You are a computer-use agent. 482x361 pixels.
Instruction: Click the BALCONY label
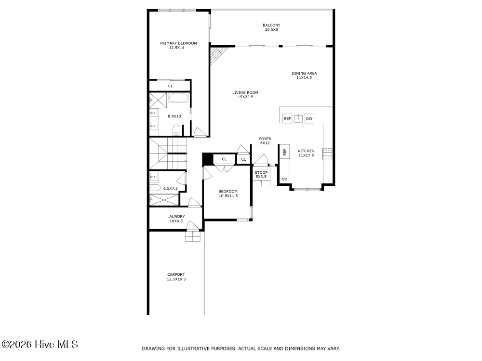coord(271,27)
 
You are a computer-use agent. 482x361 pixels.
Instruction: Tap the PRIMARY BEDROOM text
coord(178,45)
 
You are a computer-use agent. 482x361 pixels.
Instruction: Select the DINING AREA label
coord(304,75)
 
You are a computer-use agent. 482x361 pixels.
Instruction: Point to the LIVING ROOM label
coord(245,94)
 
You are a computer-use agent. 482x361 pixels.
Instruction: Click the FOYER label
coord(265,141)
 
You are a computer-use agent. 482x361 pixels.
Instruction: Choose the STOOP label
coord(261,174)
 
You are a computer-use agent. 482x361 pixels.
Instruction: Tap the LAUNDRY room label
coord(176,219)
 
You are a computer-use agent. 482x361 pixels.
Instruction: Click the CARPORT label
coord(176,277)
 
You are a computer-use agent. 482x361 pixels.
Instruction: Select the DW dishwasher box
coord(309,118)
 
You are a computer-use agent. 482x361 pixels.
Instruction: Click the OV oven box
coord(284,179)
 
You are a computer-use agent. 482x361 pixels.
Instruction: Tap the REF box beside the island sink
coord(287,118)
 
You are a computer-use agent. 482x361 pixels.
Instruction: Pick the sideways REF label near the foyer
coord(284,152)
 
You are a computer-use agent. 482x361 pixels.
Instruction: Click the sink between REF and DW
coord(298,118)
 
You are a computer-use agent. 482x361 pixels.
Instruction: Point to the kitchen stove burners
coord(328,154)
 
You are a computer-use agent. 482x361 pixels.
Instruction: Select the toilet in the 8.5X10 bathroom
coord(176,129)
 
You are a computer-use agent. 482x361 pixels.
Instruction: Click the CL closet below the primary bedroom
coord(170,86)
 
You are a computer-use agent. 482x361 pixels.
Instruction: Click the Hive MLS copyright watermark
coord(40,345)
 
